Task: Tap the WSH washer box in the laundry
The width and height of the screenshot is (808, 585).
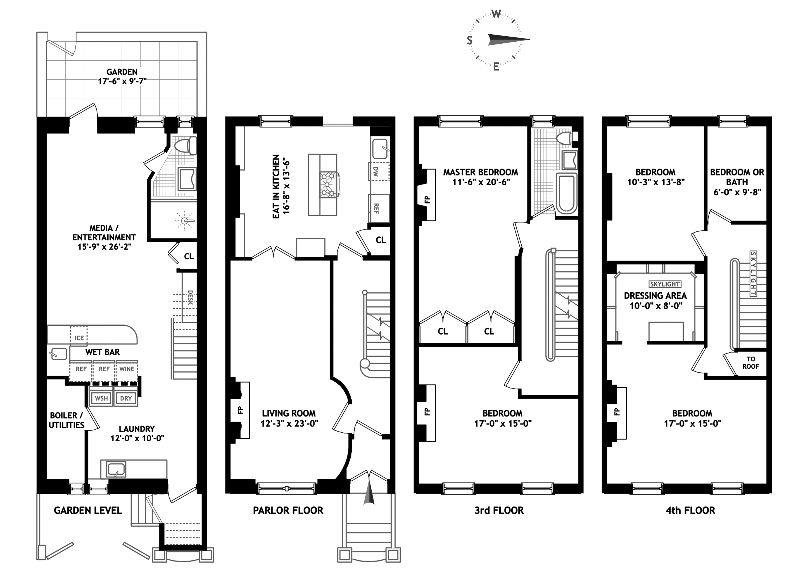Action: [x=101, y=398]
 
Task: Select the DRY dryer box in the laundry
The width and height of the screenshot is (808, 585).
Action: [x=126, y=398]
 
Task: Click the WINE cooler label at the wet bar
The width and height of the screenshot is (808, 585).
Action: [x=127, y=369]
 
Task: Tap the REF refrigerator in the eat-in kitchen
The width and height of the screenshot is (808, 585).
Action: [x=379, y=209]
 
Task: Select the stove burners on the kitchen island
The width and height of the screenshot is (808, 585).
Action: [x=329, y=184]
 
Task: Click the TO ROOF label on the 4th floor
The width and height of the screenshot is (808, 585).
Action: [x=751, y=363]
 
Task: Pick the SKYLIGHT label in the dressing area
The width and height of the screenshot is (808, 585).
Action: [x=665, y=284]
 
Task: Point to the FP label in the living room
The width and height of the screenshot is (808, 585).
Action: [x=241, y=410]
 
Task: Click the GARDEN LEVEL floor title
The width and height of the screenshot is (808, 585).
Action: [x=88, y=510]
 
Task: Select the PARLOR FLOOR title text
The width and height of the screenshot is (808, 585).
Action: [x=288, y=510]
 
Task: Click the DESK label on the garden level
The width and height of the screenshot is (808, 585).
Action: [x=190, y=297]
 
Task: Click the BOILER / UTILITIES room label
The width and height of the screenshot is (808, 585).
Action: [x=66, y=420]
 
